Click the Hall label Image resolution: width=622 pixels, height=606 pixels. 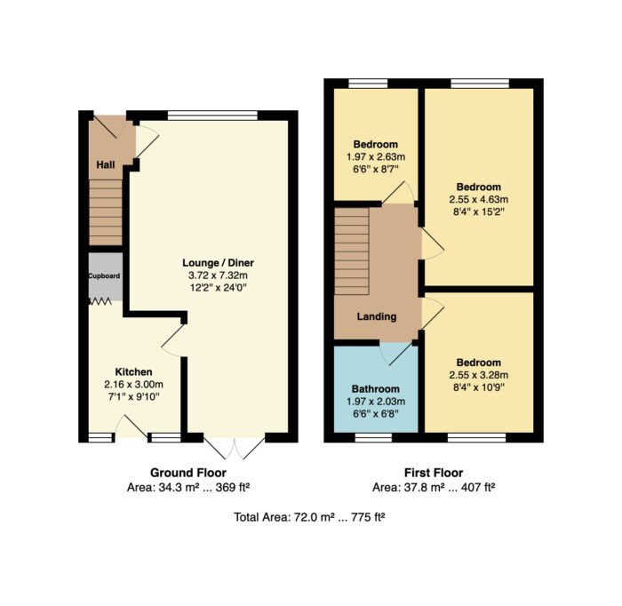tap(106, 164)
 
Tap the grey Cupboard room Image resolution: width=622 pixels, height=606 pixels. tap(105, 276)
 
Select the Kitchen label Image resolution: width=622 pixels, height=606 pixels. tap(133, 372)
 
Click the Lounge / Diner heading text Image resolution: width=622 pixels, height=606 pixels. tap(219, 262)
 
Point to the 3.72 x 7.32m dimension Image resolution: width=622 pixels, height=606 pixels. tap(219, 275)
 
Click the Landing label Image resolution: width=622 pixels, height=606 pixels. tap(377, 316)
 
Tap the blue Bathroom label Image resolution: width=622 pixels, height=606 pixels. tap(376, 388)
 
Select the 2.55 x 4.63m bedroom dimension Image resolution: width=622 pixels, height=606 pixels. tap(479, 199)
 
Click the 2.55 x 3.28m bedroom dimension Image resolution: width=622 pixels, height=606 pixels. tap(479, 375)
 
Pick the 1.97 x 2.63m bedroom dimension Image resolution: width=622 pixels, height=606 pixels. tap(376, 156)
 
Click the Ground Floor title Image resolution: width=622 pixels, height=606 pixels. tap(188, 473)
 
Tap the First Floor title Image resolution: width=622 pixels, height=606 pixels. tap(434, 473)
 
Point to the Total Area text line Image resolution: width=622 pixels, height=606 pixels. tap(309, 517)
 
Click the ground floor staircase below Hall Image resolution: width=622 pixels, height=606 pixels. tap(105, 212)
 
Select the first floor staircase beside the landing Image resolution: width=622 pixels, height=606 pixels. tap(352, 251)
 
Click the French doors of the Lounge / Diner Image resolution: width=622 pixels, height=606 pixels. tap(235, 448)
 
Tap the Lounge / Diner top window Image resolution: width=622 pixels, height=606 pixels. tap(212, 116)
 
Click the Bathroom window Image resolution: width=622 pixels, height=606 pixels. tap(373, 437)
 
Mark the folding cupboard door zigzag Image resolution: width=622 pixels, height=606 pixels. tap(100, 302)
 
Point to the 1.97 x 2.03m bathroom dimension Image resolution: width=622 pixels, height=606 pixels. tap(376, 402)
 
